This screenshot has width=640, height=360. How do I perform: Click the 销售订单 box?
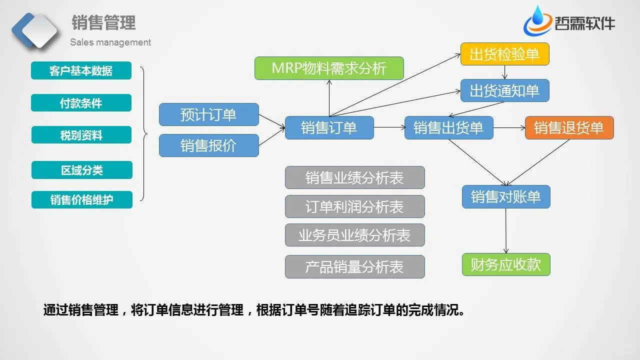pos(329,127)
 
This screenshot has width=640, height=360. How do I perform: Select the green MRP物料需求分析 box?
pos(329,68)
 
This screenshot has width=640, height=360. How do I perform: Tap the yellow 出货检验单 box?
pos(504,54)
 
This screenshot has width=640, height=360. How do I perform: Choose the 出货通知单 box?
pos(504,90)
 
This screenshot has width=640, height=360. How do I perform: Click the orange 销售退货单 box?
pos(569,127)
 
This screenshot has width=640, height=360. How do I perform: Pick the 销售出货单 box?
pos(448,127)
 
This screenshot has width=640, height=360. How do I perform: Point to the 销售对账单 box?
pos(506,196)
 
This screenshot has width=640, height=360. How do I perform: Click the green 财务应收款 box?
pos(506,264)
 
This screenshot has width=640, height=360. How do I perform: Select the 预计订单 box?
pos(208,114)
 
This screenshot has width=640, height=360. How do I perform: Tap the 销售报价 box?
pos(208,145)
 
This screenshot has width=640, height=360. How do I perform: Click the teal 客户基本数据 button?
pos(81,70)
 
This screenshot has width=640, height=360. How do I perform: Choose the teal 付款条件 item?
pos(81,103)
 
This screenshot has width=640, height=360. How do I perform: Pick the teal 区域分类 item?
pos(81,170)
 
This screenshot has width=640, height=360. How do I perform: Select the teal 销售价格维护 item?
pos(81,200)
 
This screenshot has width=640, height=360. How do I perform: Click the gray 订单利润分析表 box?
pos(354,206)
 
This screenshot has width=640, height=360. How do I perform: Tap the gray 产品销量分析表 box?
pos(354,266)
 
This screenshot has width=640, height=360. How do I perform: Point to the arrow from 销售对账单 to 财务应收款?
pos(506,230)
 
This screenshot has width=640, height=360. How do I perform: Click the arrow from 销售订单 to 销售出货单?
pos(389,127)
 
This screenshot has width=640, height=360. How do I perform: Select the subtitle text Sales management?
pos(110,42)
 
